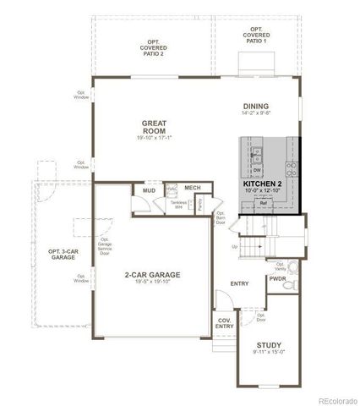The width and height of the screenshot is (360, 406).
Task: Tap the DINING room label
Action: [254, 106]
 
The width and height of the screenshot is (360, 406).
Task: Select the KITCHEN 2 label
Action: [263, 183]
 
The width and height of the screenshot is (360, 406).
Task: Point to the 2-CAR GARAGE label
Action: [152, 275]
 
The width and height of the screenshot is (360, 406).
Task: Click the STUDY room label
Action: [268, 344]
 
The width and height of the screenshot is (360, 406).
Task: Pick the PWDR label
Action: [278, 277]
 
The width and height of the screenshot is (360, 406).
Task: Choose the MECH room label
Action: [193, 187]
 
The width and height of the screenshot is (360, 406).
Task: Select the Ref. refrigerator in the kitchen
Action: [263, 204]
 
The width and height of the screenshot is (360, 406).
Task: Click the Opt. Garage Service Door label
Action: [105, 246]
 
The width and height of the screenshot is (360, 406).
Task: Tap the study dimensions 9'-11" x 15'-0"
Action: [268, 353]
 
